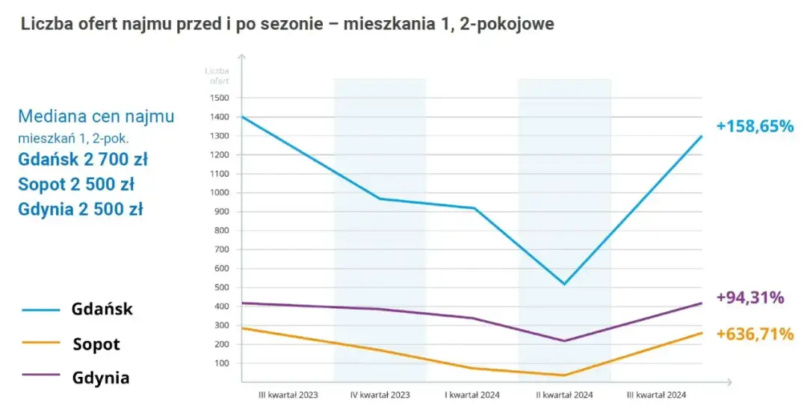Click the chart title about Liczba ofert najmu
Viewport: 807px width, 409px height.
pos(288,24)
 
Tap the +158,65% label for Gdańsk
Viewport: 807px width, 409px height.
pos(754,126)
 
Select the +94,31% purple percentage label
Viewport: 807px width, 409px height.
pos(749,298)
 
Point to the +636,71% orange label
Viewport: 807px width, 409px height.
pos(754,334)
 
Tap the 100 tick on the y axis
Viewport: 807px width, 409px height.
pos(222,363)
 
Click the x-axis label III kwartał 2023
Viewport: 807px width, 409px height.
pos(288,394)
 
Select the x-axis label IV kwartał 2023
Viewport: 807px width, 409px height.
pos(380,394)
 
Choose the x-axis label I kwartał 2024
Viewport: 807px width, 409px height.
pos(472,394)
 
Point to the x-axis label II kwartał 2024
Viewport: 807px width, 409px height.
pos(564,394)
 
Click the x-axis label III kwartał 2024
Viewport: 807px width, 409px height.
pos(656,394)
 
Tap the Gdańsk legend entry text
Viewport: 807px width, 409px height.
pos(102,308)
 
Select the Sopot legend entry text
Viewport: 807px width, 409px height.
pos(96,344)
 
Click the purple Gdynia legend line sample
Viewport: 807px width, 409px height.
pos(41,376)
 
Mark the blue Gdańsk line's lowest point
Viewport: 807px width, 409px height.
pos(564,284)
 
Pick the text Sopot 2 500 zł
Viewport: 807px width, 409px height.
pos(75,184)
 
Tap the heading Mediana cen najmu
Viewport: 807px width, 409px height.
pos(96,116)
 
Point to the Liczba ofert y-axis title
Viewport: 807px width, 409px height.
pos(217,76)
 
